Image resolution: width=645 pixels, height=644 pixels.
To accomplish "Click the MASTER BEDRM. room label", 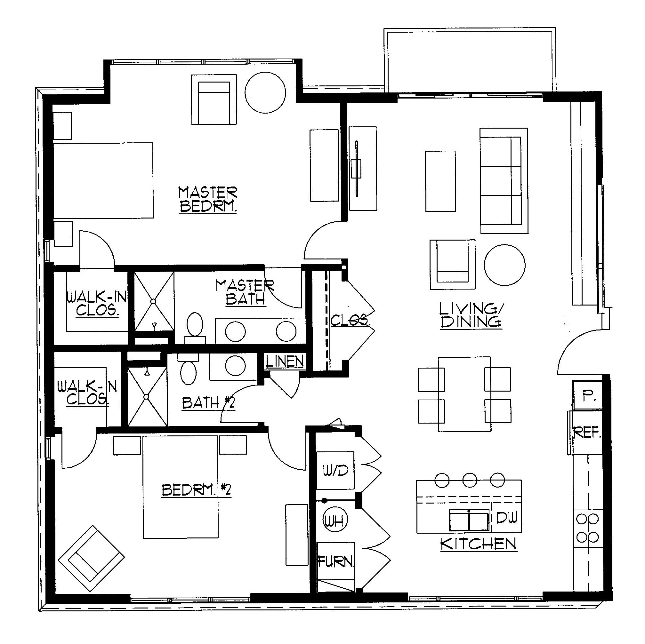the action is click(208, 200).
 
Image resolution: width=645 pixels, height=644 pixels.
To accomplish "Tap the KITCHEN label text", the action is click(479, 544).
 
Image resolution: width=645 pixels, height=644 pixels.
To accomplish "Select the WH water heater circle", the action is click(335, 521).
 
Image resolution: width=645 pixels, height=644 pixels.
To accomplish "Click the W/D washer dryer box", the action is click(335, 470).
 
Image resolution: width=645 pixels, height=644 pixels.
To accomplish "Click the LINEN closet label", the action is click(285, 361).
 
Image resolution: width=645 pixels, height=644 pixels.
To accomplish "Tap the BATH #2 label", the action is click(209, 403).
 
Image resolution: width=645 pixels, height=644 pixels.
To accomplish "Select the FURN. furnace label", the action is click(335, 562).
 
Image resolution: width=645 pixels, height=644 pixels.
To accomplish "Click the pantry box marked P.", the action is click(587, 396).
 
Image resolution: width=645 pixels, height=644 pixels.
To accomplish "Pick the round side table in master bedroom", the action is click(265, 92).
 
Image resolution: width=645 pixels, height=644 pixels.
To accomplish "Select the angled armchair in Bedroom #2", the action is click(91, 559).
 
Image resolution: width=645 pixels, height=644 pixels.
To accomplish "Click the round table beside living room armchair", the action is click(504, 265).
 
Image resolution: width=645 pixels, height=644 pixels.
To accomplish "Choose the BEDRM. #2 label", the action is click(196, 490).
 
